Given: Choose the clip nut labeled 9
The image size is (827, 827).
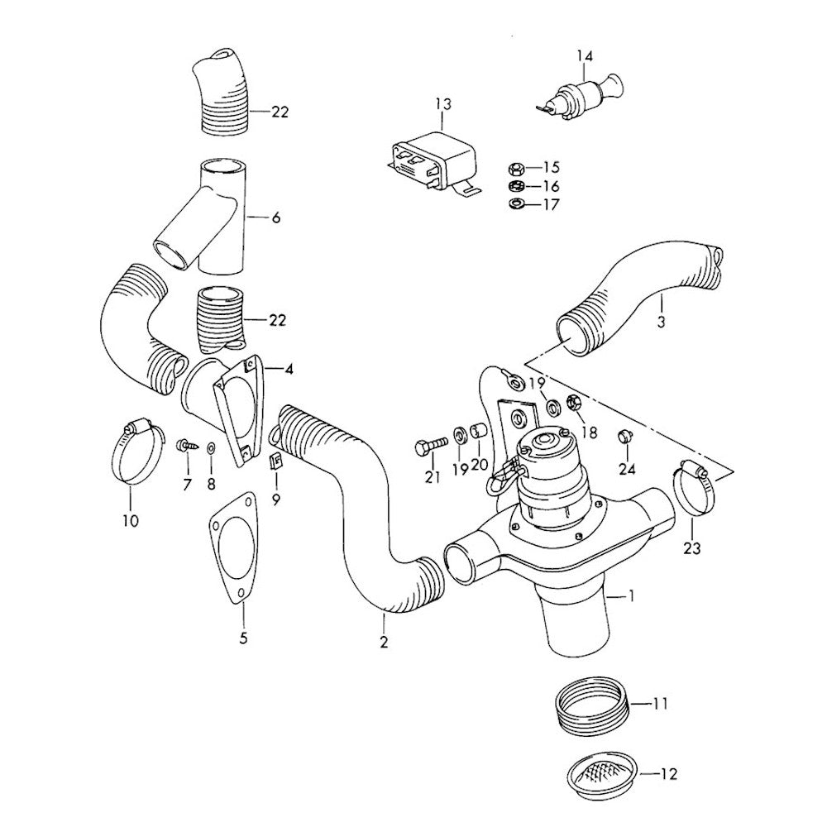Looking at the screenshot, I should [x=276, y=461].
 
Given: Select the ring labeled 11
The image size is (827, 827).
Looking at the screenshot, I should [x=589, y=708].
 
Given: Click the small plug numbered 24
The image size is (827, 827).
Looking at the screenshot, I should [x=626, y=436].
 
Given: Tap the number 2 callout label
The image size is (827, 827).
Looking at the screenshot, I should [x=383, y=641].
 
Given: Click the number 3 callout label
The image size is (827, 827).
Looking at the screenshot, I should [x=661, y=321].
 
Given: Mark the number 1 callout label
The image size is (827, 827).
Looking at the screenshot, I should [x=633, y=595].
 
